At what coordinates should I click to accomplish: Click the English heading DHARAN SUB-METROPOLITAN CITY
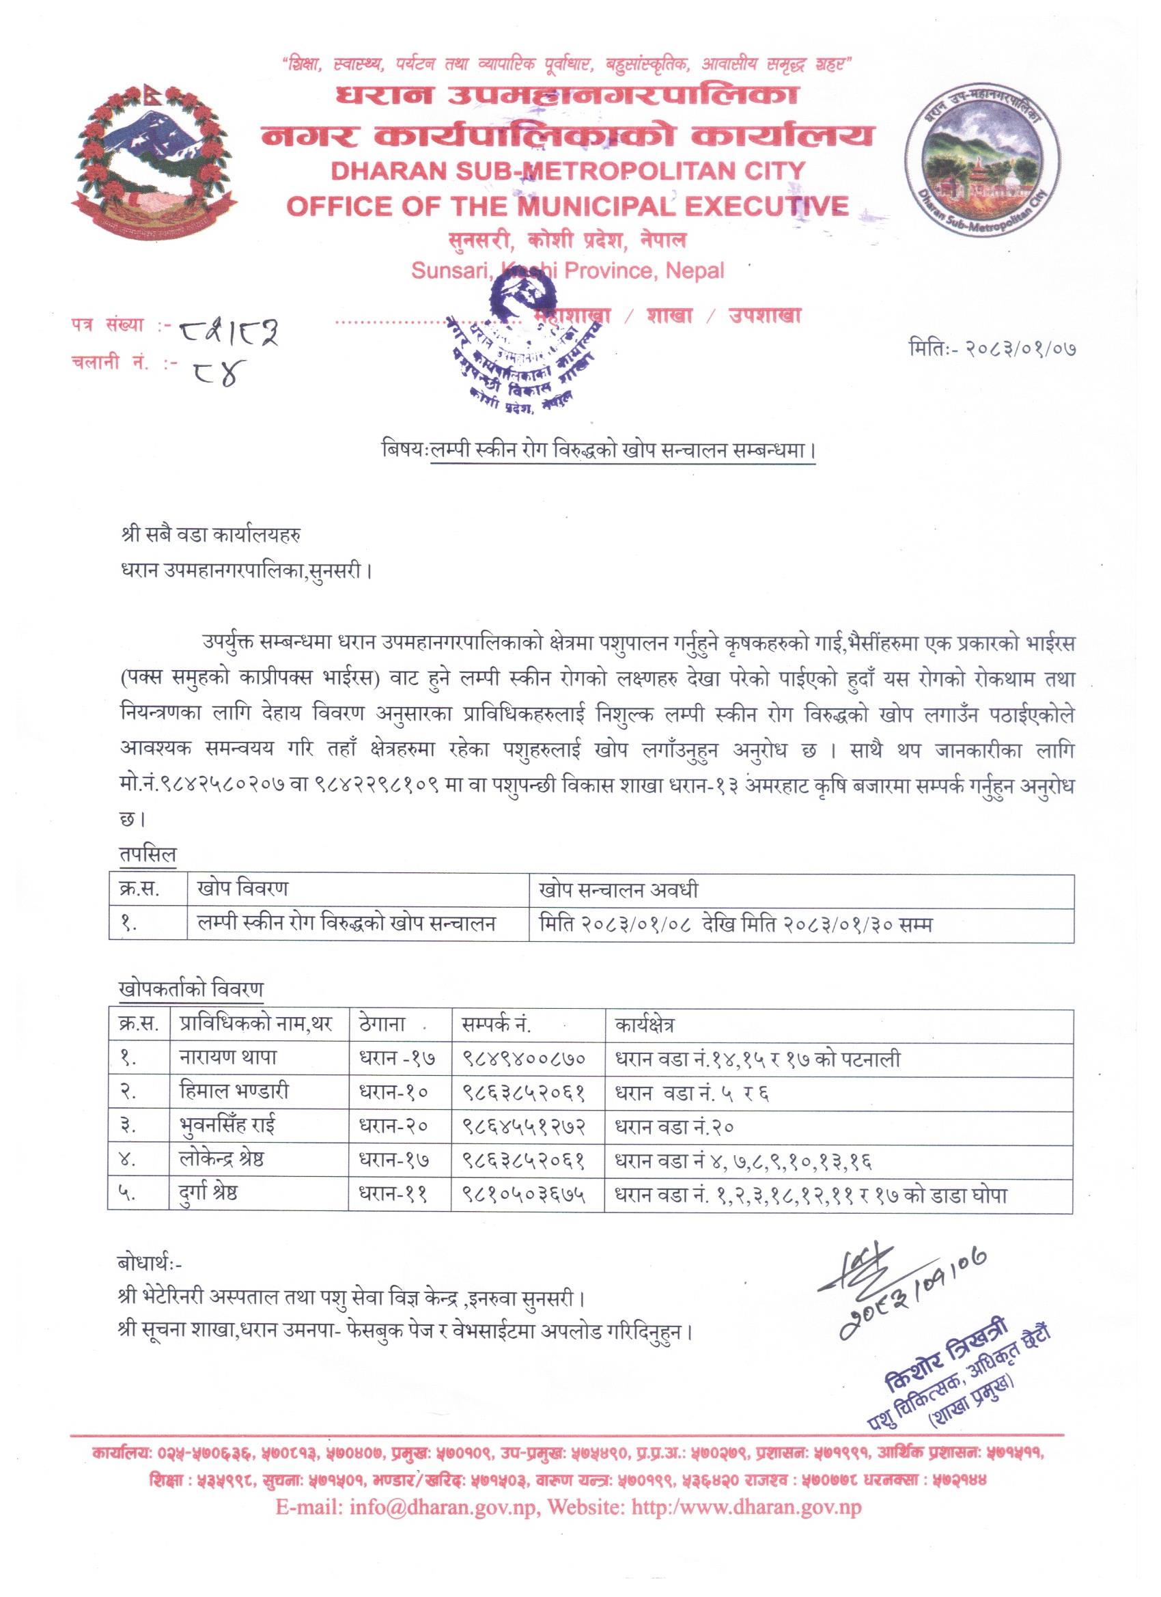(x=545, y=171)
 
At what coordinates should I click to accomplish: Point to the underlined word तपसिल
(x=148, y=854)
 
